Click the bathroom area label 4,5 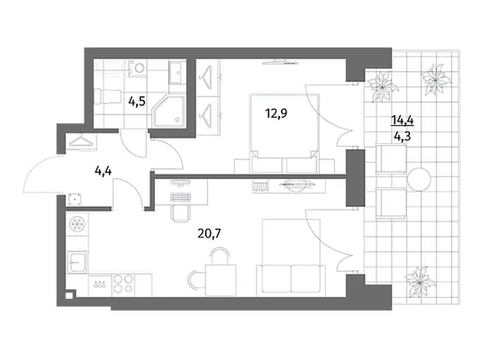point(137,101)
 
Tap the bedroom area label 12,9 point(276,113)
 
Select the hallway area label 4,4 point(104,171)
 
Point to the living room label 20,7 point(210,234)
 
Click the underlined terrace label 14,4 point(403,121)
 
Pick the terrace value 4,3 point(403,136)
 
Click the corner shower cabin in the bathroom point(169,111)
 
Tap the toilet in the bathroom point(106,96)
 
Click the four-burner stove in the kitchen point(123,283)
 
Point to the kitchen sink point(77,262)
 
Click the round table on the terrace point(419,179)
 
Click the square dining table point(221,280)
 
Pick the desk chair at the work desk point(181,212)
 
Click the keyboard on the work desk point(181,197)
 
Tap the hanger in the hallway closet point(81,140)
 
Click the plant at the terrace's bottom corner point(420,282)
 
